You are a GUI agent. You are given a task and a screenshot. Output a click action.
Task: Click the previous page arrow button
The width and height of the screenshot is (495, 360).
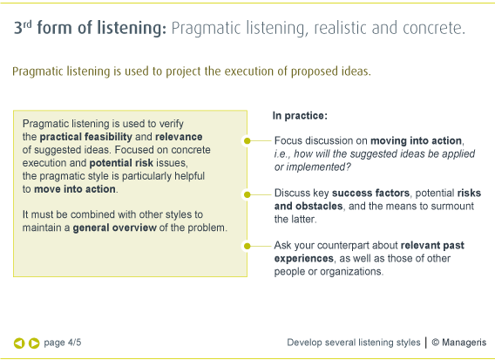point(19,343)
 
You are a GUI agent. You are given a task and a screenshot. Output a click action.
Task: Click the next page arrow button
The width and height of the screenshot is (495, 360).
point(34,343)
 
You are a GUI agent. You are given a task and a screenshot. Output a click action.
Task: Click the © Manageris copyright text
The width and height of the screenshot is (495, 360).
point(458,343)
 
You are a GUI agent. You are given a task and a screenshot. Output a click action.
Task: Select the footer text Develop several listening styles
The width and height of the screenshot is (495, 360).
point(353,343)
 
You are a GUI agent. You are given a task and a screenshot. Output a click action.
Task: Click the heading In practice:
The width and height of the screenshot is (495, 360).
point(300,115)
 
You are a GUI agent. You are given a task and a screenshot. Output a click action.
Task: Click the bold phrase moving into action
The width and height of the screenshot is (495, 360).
point(417,140)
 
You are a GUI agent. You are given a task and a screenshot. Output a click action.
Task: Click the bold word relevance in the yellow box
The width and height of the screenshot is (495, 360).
point(179,137)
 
